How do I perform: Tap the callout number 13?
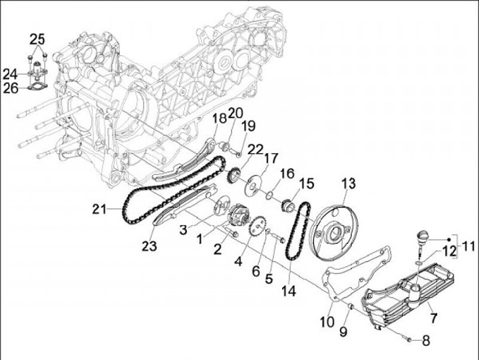tap(349, 183)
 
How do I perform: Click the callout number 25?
tap(38, 38)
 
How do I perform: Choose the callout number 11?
tap(469, 246)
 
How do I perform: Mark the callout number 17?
tap(271, 158)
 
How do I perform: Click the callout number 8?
tap(426, 341)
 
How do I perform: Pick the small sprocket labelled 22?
tap(233, 176)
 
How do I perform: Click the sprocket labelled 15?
tap(289, 204)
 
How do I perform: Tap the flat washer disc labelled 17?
tap(254, 186)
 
